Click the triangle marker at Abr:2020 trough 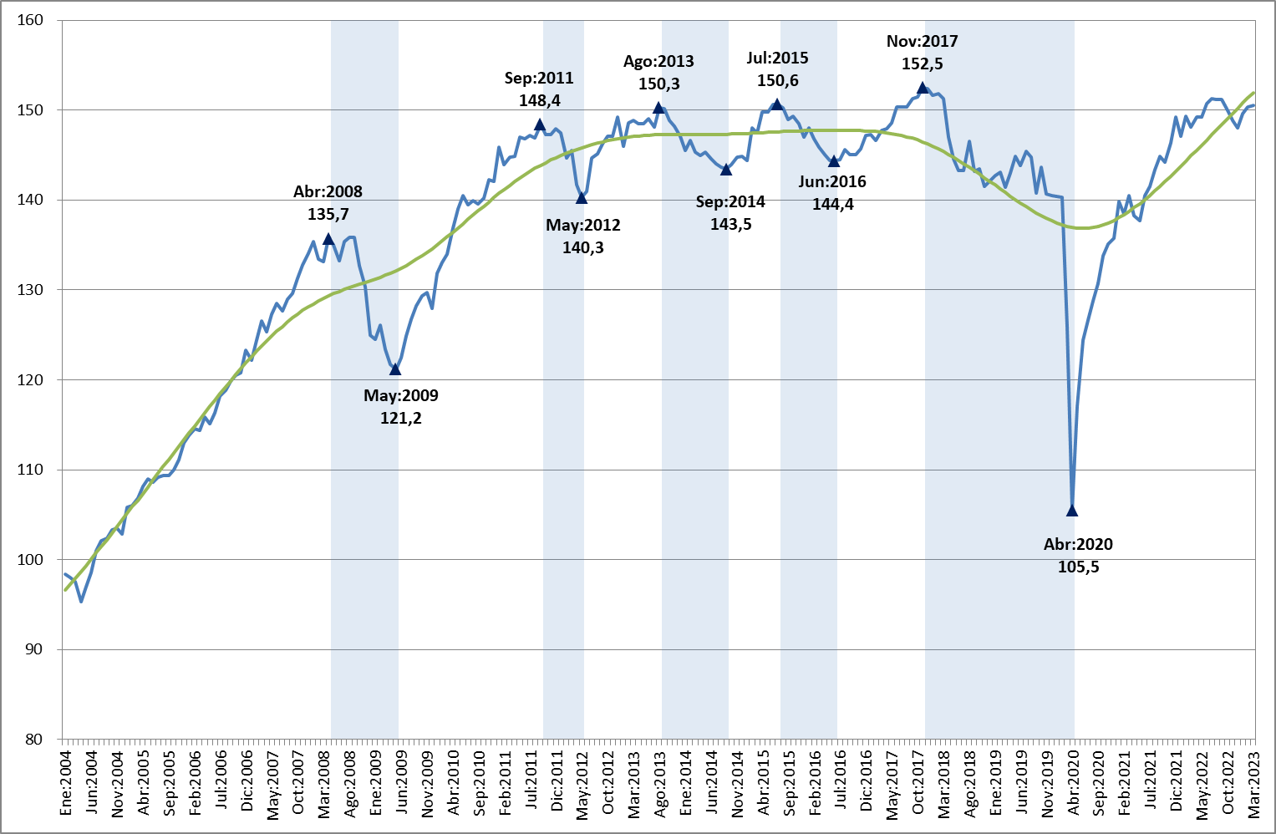coord(1072,511)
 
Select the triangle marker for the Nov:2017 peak coord(923,88)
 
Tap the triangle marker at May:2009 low coord(395,369)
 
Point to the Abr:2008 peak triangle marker coord(328,239)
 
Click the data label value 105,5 coord(1078,567)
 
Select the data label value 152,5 coord(922,64)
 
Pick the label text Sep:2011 coord(539,79)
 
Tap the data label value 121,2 coord(401,419)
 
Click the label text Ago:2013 coord(658,62)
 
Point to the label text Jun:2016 coord(832,182)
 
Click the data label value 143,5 coord(730,225)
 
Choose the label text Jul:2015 coord(777,58)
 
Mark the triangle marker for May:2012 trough coord(582,198)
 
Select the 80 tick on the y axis coord(34,740)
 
